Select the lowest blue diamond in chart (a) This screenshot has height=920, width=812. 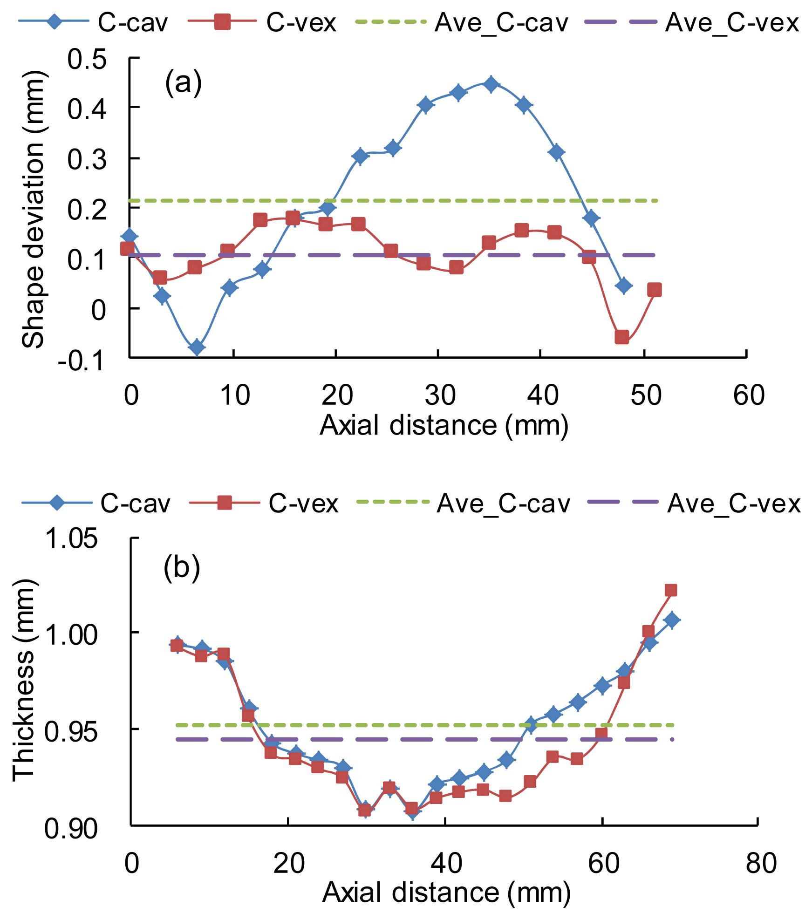point(197,347)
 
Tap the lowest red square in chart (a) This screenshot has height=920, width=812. point(622,337)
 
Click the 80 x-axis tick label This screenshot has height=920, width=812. point(759,862)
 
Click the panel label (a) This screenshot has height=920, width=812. point(183,82)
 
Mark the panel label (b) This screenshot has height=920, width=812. point(182,569)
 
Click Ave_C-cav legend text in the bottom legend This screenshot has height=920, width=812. point(503,504)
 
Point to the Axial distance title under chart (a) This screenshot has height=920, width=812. point(444,425)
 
